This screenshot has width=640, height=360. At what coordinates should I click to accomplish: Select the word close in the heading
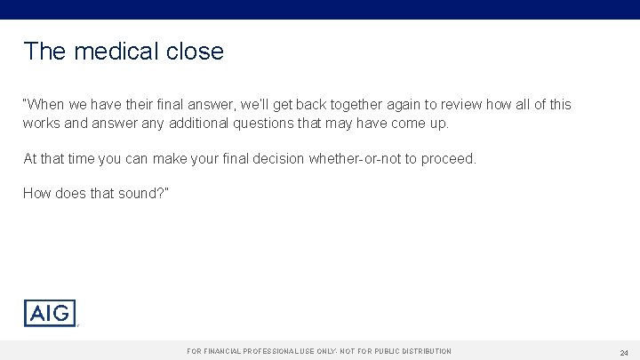(195, 52)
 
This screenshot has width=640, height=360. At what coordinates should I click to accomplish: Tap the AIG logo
(50, 313)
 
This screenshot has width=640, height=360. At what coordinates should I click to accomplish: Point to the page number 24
(624, 352)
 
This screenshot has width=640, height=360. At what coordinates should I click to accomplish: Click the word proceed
(451, 159)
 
